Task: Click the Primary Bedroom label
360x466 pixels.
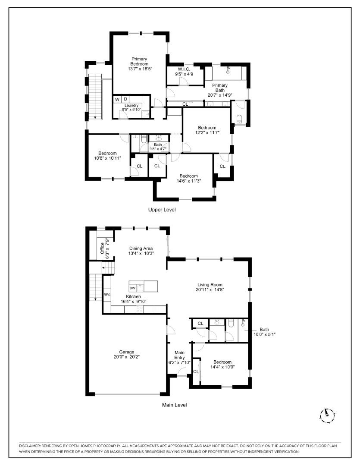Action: [x=140, y=62]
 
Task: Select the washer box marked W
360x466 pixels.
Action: [x=117, y=99]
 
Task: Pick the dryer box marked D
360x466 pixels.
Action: [x=125, y=99]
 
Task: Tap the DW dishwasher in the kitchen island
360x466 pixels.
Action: [x=133, y=288]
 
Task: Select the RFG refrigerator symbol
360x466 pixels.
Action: [x=107, y=295]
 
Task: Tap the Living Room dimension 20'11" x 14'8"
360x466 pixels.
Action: [x=210, y=290]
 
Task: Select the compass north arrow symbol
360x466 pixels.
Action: [x=327, y=415]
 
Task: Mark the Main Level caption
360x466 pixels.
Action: [x=174, y=405]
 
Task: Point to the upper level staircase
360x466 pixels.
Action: [x=95, y=97]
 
